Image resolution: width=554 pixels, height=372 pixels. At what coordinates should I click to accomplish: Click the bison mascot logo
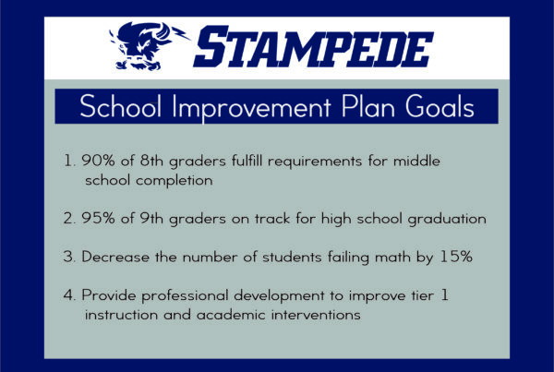click(149, 46)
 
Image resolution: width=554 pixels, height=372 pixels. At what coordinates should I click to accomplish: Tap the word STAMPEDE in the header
click(313, 47)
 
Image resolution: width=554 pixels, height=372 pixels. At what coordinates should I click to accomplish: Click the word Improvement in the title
click(251, 107)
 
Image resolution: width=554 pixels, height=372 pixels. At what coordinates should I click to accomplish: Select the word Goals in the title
click(440, 106)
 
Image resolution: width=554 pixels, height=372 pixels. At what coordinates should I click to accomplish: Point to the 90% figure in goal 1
click(98, 161)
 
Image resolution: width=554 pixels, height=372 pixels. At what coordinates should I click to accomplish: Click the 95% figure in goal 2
click(98, 218)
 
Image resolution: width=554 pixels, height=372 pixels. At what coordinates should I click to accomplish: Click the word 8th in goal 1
click(151, 161)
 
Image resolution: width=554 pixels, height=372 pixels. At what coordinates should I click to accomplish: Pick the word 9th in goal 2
click(151, 218)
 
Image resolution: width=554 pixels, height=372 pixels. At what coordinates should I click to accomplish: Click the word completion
click(175, 181)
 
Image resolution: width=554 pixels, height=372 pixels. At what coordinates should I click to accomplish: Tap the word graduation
click(447, 219)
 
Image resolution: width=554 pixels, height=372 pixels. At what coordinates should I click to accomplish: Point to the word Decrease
click(115, 257)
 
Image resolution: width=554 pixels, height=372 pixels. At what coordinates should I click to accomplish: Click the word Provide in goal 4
click(109, 295)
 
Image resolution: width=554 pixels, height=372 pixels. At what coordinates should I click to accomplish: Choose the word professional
click(186, 296)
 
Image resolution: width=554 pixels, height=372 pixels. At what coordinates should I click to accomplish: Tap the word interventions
click(316, 315)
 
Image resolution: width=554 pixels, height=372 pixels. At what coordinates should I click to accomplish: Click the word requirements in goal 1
click(315, 162)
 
